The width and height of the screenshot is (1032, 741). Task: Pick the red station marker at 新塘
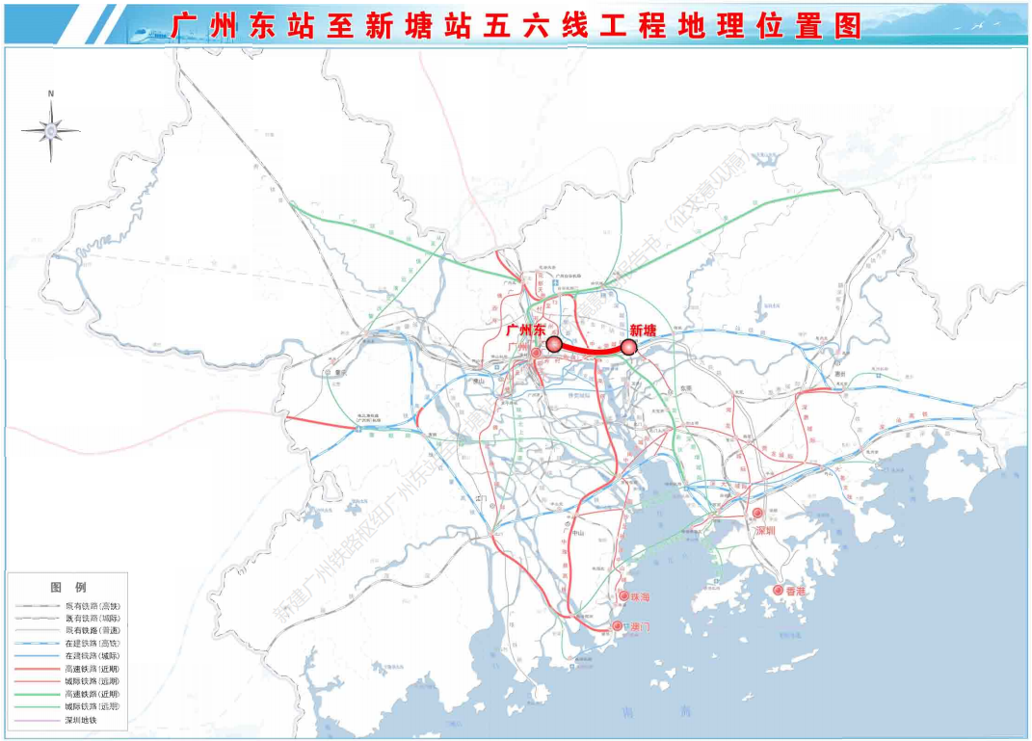pyautogui.click(x=629, y=347)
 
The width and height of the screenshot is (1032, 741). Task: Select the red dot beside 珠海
pyautogui.click(x=623, y=596)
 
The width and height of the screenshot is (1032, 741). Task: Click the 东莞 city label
pyautogui.click(x=686, y=387)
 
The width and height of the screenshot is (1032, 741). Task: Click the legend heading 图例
pyautogui.click(x=67, y=587)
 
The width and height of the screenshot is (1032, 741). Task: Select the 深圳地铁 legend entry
pyautogui.click(x=82, y=720)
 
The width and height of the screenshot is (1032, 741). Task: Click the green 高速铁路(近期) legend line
pyautogui.click(x=36, y=694)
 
